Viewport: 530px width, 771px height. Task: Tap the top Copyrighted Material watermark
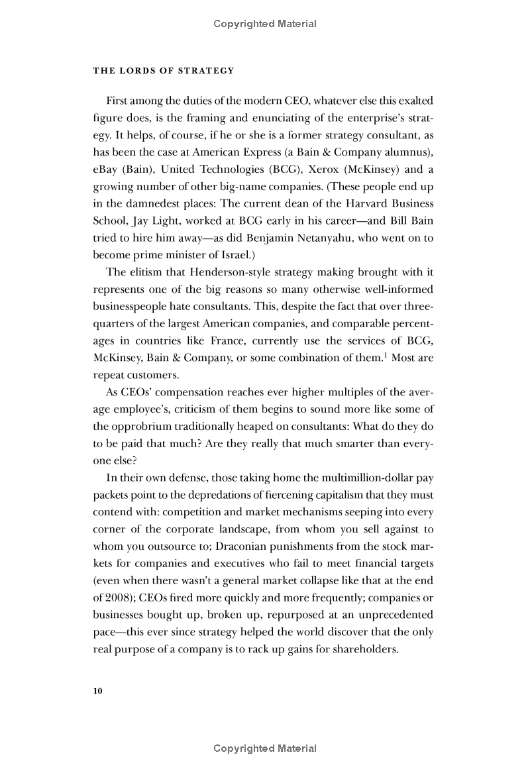tap(265, 24)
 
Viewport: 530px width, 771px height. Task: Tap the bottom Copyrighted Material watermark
tap(265, 748)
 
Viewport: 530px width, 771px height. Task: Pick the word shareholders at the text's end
tap(366, 649)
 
